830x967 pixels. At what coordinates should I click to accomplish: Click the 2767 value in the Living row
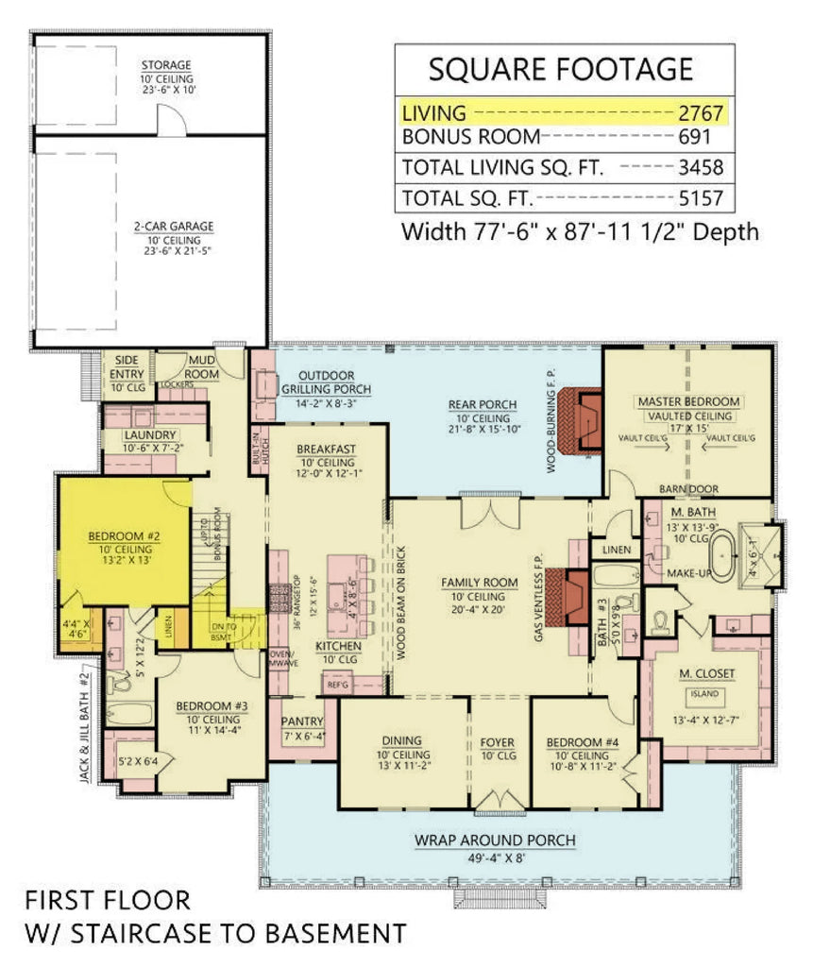click(x=700, y=113)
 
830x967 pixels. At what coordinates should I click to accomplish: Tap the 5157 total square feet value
click(x=700, y=197)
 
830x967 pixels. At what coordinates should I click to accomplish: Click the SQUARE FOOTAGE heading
click(x=561, y=69)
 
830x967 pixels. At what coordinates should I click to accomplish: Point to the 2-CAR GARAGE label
click(x=173, y=227)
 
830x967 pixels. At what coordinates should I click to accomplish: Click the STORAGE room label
click(x=167, y=65)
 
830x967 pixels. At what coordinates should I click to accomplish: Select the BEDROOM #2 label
click(x=124, y=536)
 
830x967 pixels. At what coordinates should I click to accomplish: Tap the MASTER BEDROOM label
click(x=688, y=401)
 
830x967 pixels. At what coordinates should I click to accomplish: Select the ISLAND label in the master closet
click(x=703, y=694)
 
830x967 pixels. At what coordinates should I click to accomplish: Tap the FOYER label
click(x=498, y=741)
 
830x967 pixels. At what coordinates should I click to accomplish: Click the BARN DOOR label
click(x=689, y=488)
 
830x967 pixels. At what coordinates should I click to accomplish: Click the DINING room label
click(x=403, y=741)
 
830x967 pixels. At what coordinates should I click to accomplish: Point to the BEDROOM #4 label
click(x=583, y=741)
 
